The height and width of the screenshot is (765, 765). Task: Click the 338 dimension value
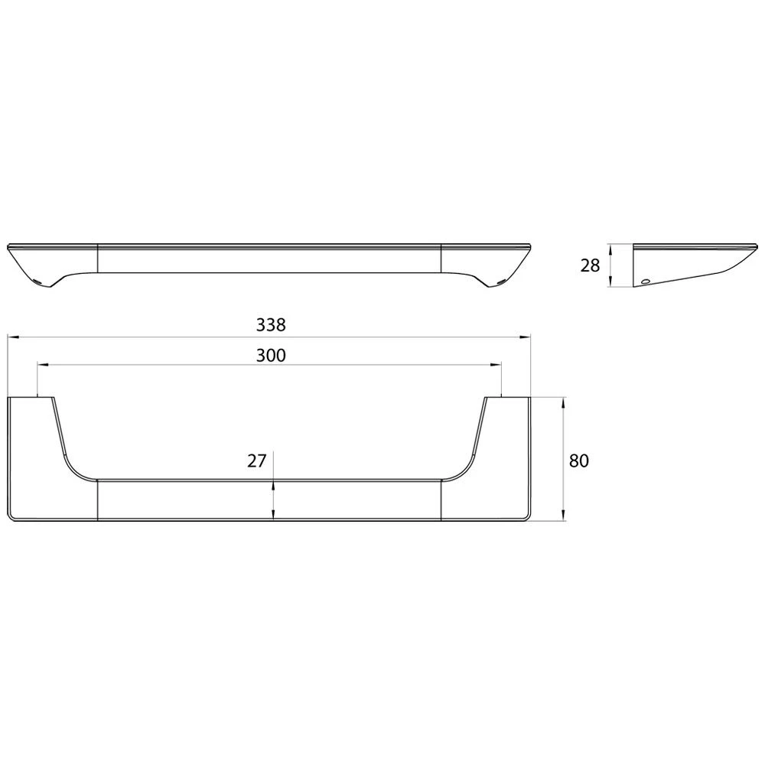coord(271,324)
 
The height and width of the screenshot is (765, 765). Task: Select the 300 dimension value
coord(271,356)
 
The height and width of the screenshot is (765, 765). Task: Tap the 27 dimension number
coord(256,461)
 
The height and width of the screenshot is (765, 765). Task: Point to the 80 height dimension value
coord(579,461)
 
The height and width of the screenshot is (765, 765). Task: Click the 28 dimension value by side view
coord(590,265)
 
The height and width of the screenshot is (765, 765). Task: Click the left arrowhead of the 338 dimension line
coord(13,337)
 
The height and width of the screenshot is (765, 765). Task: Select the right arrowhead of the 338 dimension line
coord(525,337)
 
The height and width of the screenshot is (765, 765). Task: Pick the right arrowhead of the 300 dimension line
coord(496,364)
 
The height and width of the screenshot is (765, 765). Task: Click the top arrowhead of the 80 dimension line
coord(564,403)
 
